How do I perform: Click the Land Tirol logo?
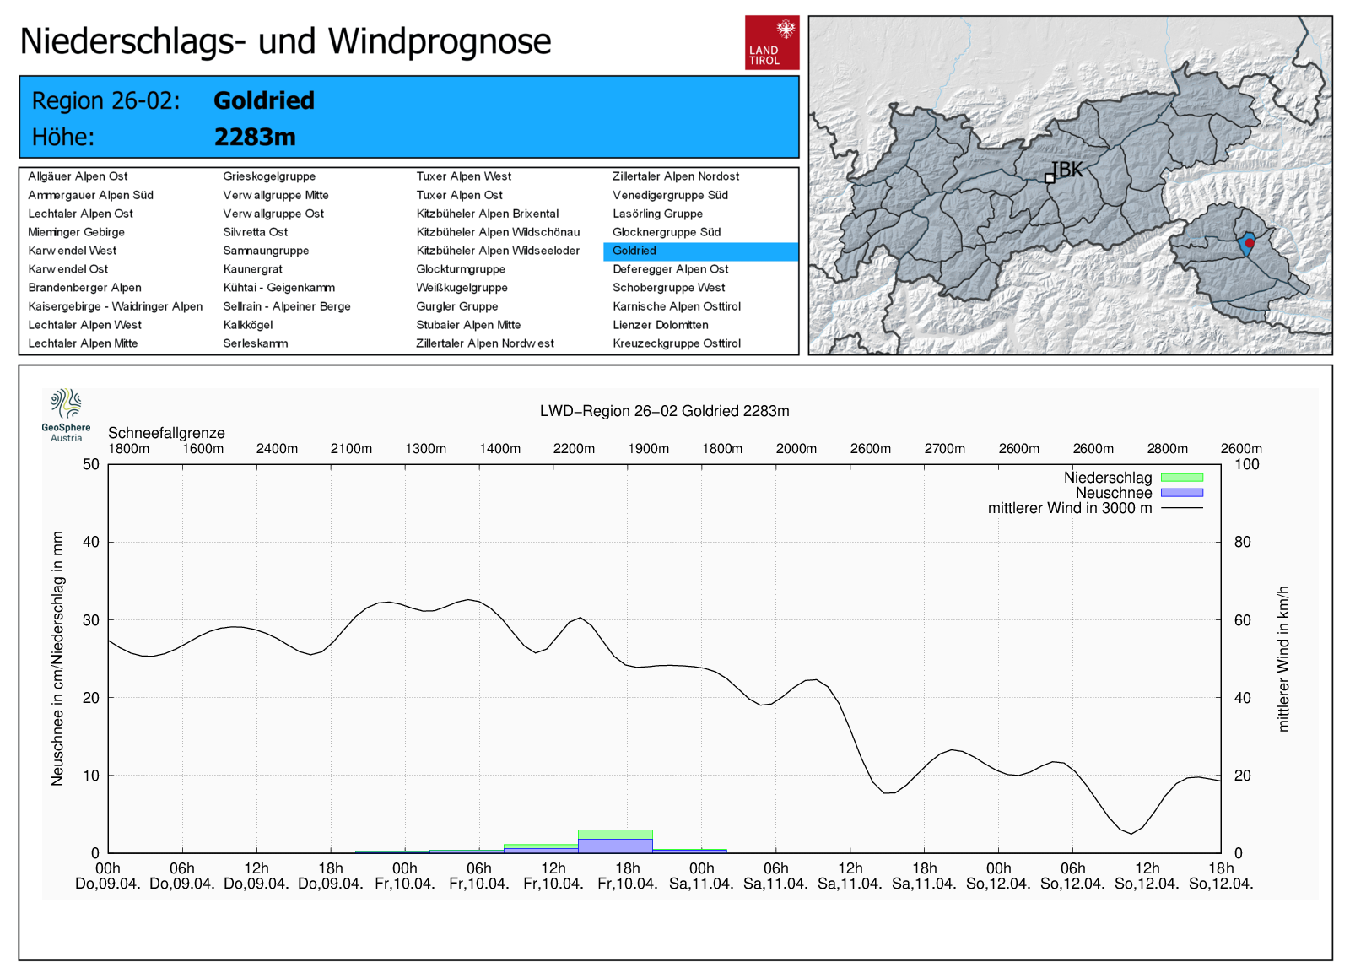pos(771,42)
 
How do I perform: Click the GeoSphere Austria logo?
pos(66,414)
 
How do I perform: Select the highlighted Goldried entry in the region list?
pos(634,251)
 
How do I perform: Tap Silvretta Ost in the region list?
pos(255,232)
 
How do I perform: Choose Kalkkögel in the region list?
pos(247,325)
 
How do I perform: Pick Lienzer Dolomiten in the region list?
pos(660,325)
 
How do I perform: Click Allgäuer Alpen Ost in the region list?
pos(78,176)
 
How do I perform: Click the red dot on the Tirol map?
pos(1250,243)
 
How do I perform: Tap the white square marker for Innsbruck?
pos(1050,178)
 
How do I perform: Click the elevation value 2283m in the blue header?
pos(255,137)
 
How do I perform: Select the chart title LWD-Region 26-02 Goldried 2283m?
pos(664,411)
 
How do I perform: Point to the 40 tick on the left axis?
pos(91,542)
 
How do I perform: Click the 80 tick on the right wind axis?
pos(1242,542)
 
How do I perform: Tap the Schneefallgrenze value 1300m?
pos(425,449)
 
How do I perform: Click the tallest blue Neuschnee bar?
pos(615,845)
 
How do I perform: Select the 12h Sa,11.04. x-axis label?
pos(850,876)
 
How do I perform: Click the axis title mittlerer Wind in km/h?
pos(1283,658)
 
